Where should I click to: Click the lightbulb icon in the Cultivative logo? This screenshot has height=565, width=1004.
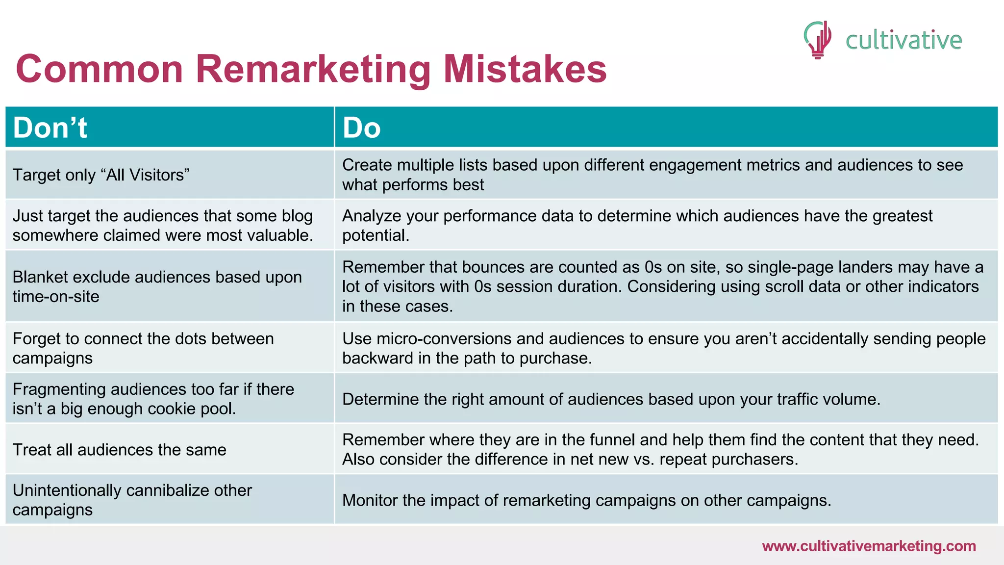click(818, 40)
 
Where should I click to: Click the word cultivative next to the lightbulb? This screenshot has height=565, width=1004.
click(904, 40)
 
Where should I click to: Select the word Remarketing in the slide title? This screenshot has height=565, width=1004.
click(313, 69)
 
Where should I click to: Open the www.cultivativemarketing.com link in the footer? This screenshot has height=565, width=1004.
click(869, 546)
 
